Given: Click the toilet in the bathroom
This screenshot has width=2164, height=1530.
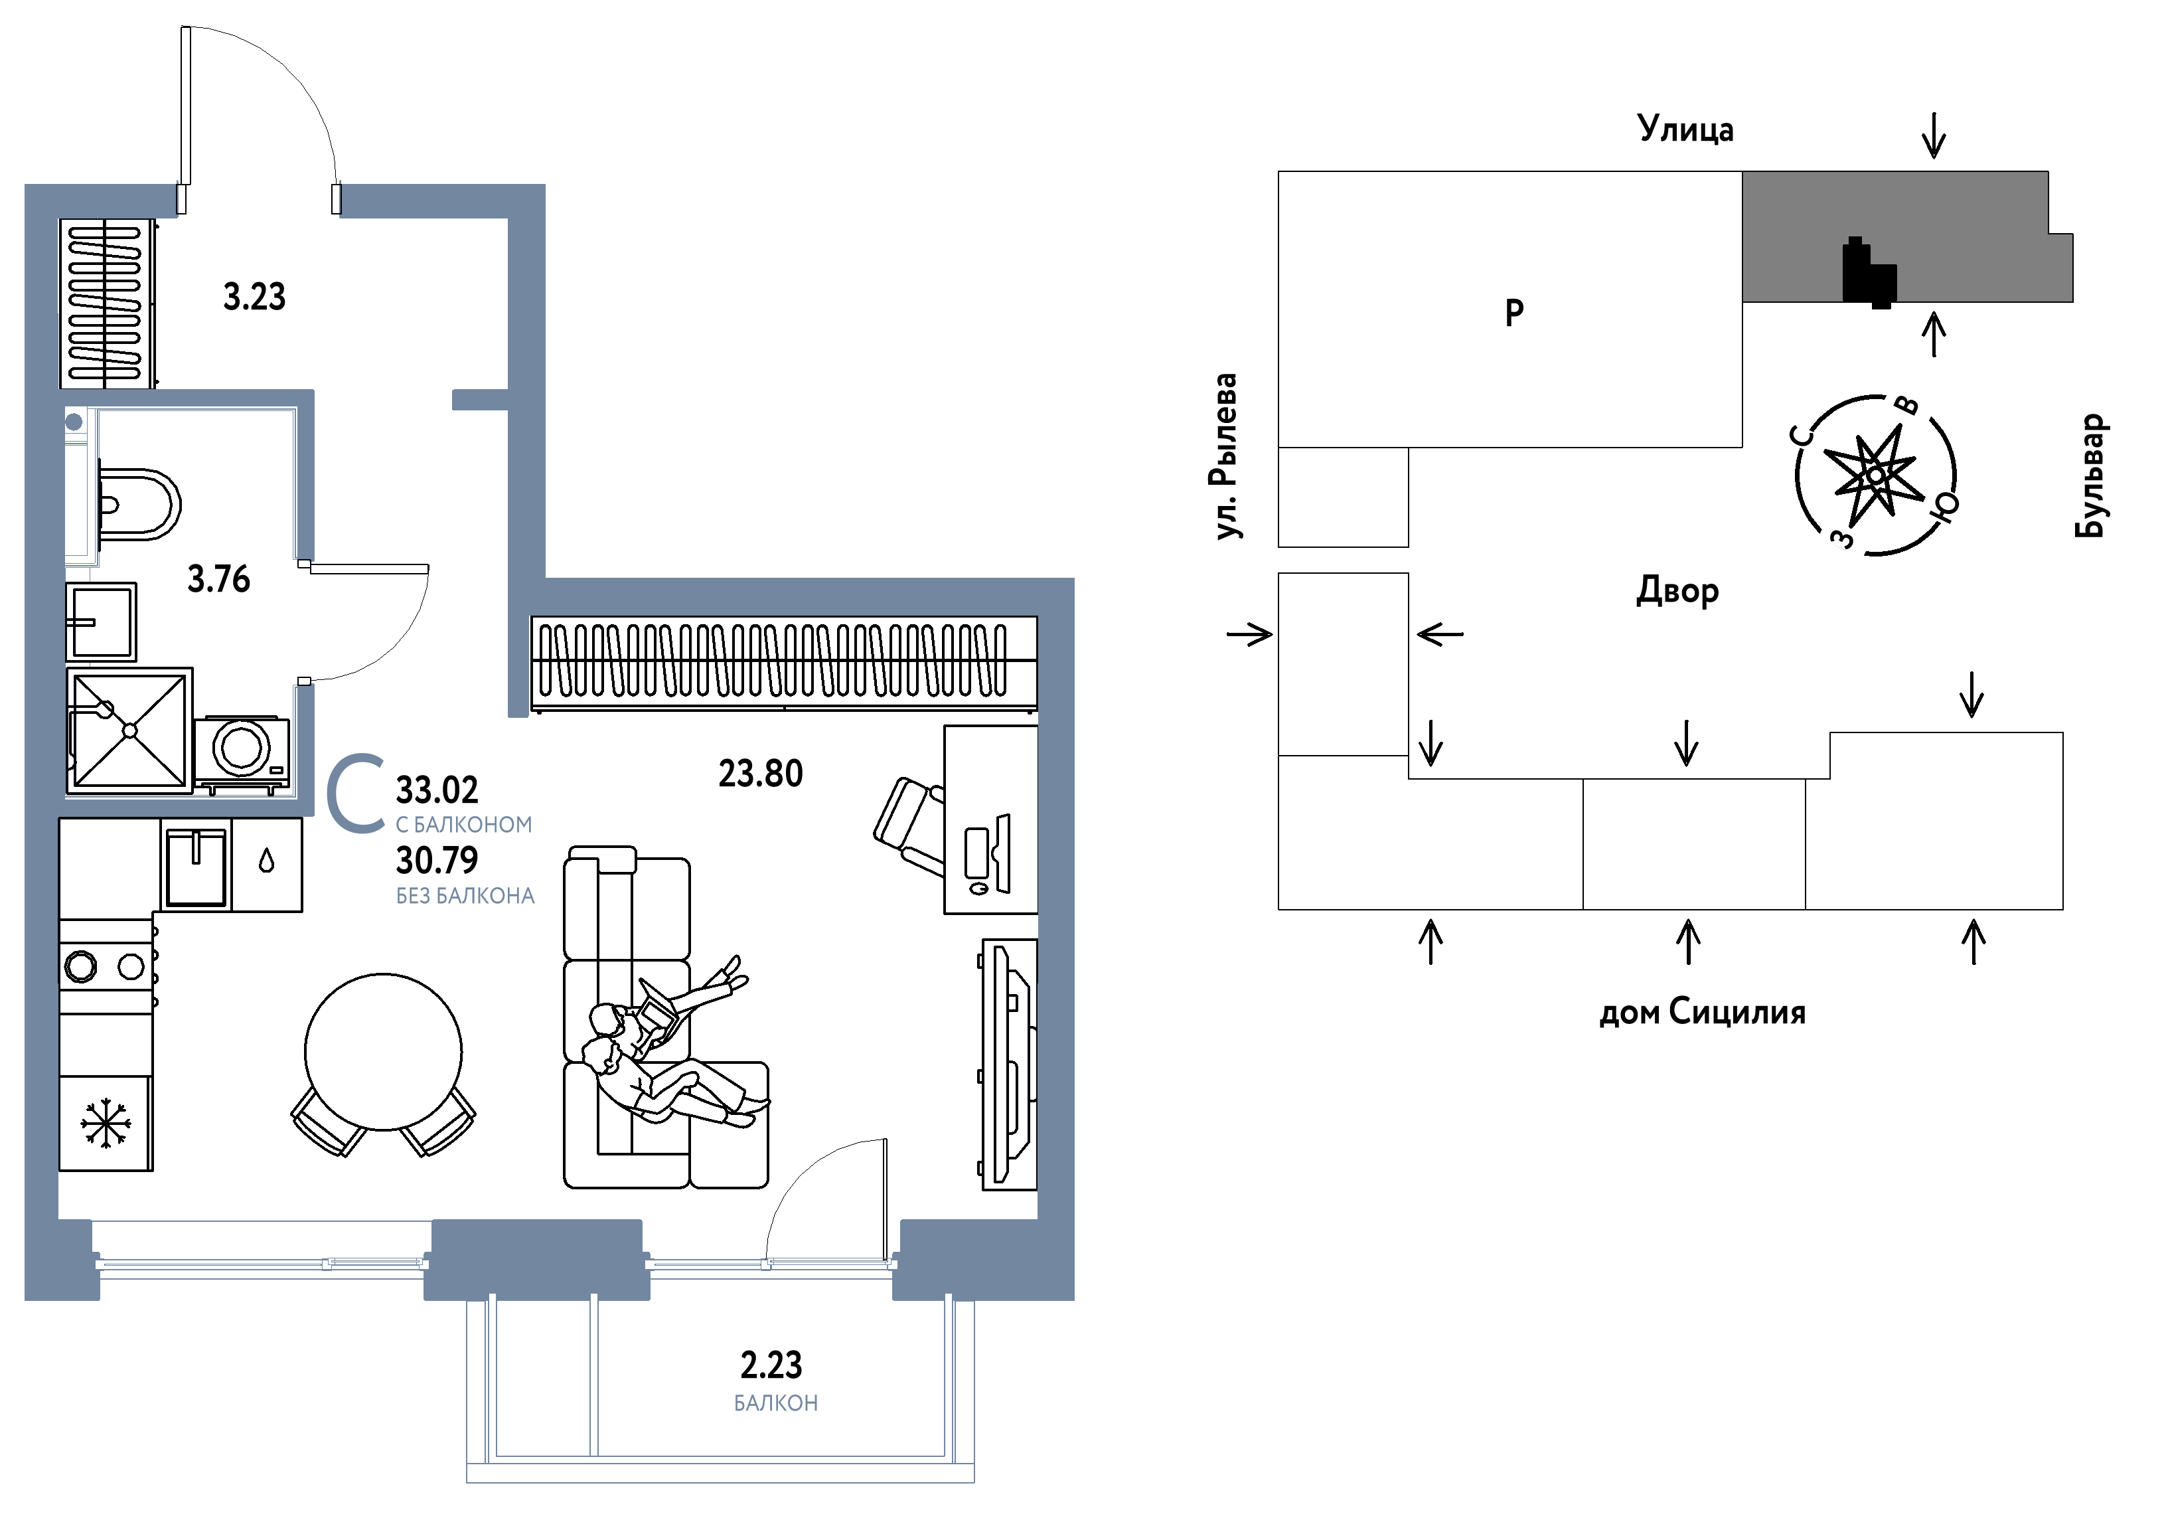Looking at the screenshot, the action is pyautogui.click(x=139, y=504).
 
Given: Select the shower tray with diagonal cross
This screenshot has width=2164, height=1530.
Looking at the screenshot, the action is pyautogui.click(x=130, y=730).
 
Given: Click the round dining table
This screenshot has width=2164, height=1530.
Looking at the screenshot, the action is pyautogui.click(x=384, y=1052).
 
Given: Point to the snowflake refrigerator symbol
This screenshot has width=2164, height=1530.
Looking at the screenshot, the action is pyautogui.click(x=106, y=1123).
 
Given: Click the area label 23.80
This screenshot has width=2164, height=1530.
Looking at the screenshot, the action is pyautogui.click(x=761, y=774).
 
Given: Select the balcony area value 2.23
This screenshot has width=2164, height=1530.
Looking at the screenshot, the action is pyautogui.click(x=771, y=1365).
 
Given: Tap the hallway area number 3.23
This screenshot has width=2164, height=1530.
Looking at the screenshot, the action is pyautogui.click(x=254, y=297).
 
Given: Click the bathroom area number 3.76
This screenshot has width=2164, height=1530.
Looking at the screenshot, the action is pyautogui.click(x=218, y=579).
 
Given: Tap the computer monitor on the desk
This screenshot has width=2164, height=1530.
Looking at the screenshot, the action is pyautogui.click(x=1002, y=854).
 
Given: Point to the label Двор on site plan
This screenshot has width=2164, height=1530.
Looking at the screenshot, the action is pyautogui.click(x=1677, y=591).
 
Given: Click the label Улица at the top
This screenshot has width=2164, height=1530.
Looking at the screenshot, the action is pyautogui.click(x=1685, y=128).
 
